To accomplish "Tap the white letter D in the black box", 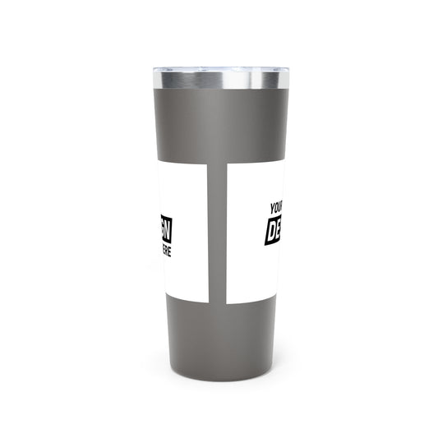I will tap(271, 233).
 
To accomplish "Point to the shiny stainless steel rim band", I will tap(219, 80).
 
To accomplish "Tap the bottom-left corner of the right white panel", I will tap(228, 303).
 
